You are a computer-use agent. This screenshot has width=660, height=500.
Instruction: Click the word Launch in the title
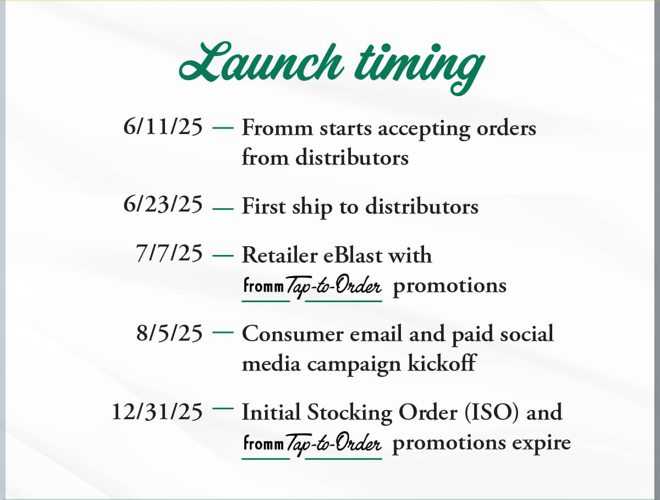click(261, 62)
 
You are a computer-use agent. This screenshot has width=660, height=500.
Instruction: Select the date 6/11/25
click(163, 126)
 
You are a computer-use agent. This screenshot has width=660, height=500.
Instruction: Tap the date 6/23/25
click(163, 204)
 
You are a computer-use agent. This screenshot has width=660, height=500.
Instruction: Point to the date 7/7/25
click(169, 253)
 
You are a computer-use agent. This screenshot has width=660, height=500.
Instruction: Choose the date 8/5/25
click(169, 333)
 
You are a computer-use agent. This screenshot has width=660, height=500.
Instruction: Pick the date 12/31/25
click(157, 412)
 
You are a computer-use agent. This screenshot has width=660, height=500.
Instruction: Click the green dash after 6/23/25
click(223, 209)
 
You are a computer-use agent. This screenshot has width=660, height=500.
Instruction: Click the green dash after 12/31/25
click(223, 408)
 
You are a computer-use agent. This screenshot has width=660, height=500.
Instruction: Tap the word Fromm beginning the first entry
click(277, 127)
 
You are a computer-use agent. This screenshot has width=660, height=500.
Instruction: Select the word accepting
click(424, 129)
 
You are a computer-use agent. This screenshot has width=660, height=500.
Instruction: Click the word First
click(263, 206)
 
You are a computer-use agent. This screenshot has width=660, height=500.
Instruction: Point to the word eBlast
click(353, 255)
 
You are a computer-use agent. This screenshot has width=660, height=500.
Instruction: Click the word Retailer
click(279, 255)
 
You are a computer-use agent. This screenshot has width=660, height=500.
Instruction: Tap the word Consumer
click(293, 334)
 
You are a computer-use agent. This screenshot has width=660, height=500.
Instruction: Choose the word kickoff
click(442, 363)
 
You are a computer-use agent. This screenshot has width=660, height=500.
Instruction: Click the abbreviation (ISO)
click(492, 413)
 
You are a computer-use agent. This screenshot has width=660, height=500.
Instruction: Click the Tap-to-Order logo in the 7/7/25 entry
click(312, 288)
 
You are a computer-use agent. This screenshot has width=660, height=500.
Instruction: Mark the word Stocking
click(349, 414)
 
